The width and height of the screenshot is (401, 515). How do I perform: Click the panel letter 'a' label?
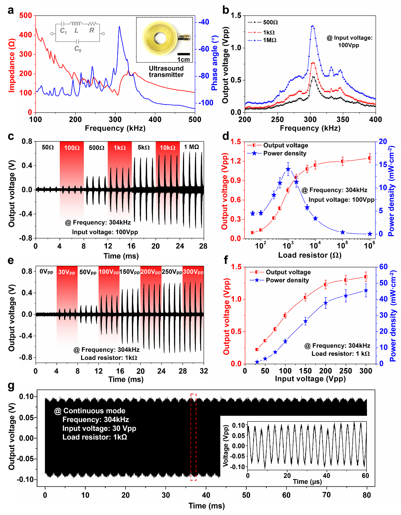(11, 10)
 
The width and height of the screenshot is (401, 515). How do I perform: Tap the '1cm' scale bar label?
(184, 59)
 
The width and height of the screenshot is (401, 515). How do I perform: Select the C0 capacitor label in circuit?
(78, 49)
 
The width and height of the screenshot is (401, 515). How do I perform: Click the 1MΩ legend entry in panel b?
(269, 40)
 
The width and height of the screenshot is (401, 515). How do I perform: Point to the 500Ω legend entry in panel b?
(270, 22)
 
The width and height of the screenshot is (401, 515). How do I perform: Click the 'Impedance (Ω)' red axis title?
(12, 65)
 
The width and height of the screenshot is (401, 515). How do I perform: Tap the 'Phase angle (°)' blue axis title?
(215, 63)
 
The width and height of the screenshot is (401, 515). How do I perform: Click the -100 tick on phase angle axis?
(206, 103)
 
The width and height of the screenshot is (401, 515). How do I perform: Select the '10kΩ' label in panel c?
(168, 147)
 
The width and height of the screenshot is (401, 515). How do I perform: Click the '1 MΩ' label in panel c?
(191, 147)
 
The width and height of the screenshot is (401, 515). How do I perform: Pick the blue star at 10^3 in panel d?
(288, 169)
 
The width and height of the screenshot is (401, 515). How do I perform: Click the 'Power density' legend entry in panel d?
(284, 153)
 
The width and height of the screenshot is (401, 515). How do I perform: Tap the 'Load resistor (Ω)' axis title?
(310, 255)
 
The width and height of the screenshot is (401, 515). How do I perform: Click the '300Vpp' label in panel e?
(193, 272)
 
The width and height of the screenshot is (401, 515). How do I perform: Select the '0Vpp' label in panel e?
(46, 272)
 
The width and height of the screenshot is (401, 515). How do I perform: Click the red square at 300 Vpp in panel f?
(366, 277)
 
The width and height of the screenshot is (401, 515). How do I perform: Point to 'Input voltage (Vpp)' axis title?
(310, 379)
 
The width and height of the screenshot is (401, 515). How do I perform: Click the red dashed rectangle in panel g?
(193, 437)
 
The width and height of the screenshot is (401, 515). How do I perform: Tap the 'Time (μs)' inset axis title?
(307, 481)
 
